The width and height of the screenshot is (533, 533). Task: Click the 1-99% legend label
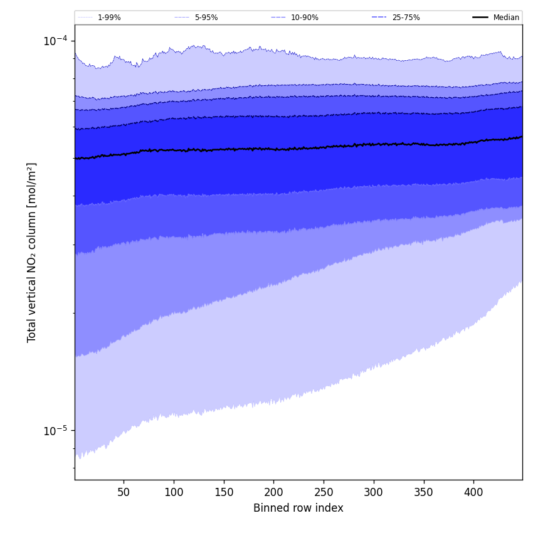click(x=109, y=18)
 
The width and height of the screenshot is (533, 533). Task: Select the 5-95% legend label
click(x=206, y=18)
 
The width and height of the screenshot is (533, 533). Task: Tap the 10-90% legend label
click(x=304, y=18)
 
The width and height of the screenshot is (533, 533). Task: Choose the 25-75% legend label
click(x=406, y=18)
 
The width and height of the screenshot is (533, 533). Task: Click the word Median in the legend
click(x=506, y=18)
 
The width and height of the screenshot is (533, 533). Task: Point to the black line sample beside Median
click(x=480, y=18)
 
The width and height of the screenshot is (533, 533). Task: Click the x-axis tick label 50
click(x=124, y=492)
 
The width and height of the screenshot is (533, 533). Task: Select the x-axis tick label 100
click(x=174, y=492)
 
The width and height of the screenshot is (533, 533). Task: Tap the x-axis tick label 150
click(x=223, y=492)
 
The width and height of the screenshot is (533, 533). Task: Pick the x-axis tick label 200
click(x=273, y=492)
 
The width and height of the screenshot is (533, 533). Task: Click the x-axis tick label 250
click(x=324, y=492)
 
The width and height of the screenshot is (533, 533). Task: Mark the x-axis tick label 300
click(x=374, y=492)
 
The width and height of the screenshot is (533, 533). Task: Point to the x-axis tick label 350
click(x=424, y=492)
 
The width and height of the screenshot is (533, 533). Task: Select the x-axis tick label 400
click(x=473, y=492)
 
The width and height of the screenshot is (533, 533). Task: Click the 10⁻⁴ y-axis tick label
click(x=55, y=41)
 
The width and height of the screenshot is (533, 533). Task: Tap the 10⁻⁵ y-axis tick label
click(x=55, y=431)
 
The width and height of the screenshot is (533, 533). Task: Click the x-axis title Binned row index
click(x=298, y=508)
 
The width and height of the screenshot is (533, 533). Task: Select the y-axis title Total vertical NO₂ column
click(x=32, y=252)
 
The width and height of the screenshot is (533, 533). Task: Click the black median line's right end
click(x=521, y=137)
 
